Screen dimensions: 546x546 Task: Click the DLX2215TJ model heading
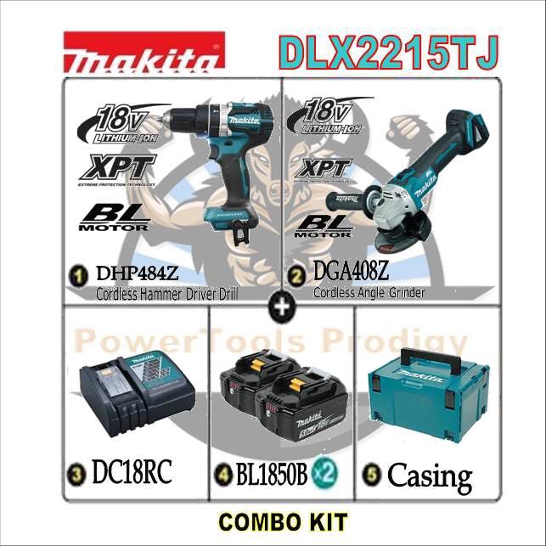click(387, 53)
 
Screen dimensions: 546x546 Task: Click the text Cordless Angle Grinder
click(368, 293)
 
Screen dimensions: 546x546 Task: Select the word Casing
click(429, 475)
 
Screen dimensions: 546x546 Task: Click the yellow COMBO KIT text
click(273, 521)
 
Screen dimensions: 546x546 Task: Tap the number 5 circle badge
click(371, 474)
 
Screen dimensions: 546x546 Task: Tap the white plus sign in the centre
click(279, 309)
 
